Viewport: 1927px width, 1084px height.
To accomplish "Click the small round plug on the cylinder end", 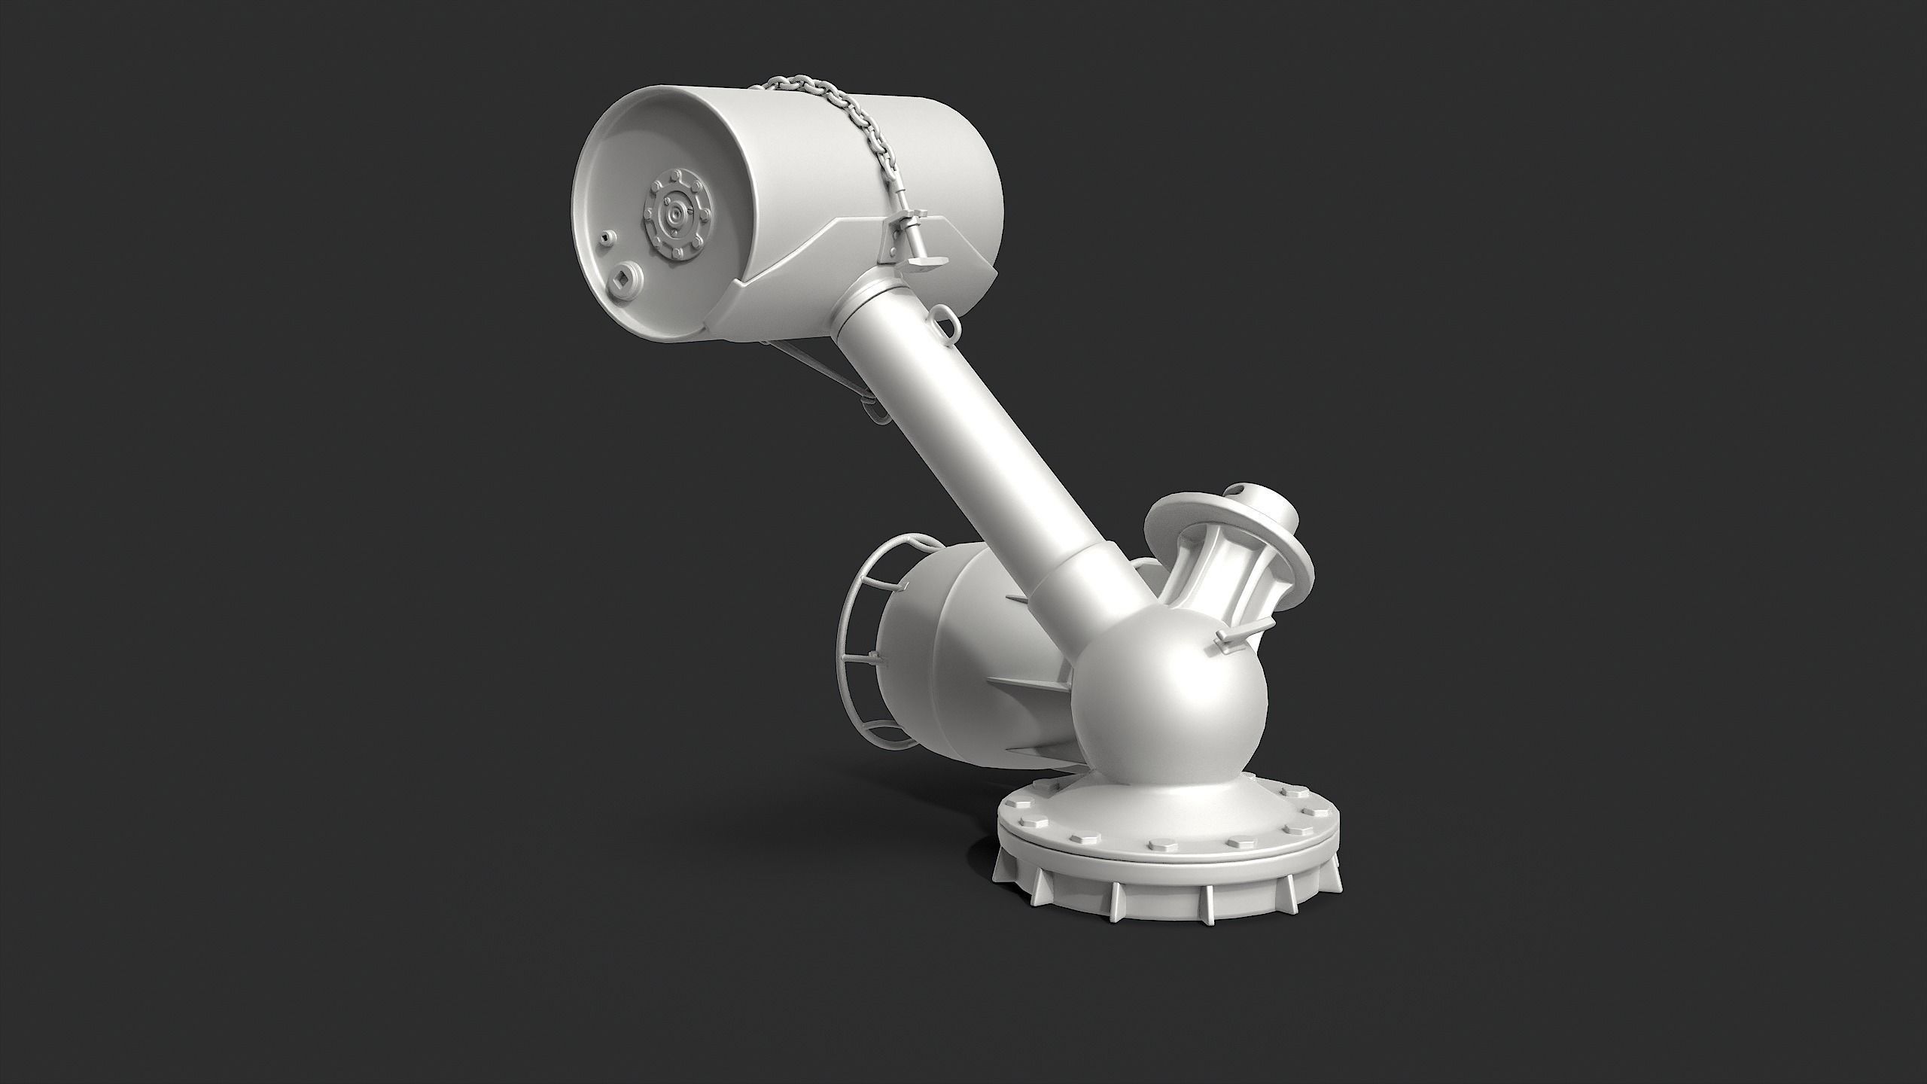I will [607, 239].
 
